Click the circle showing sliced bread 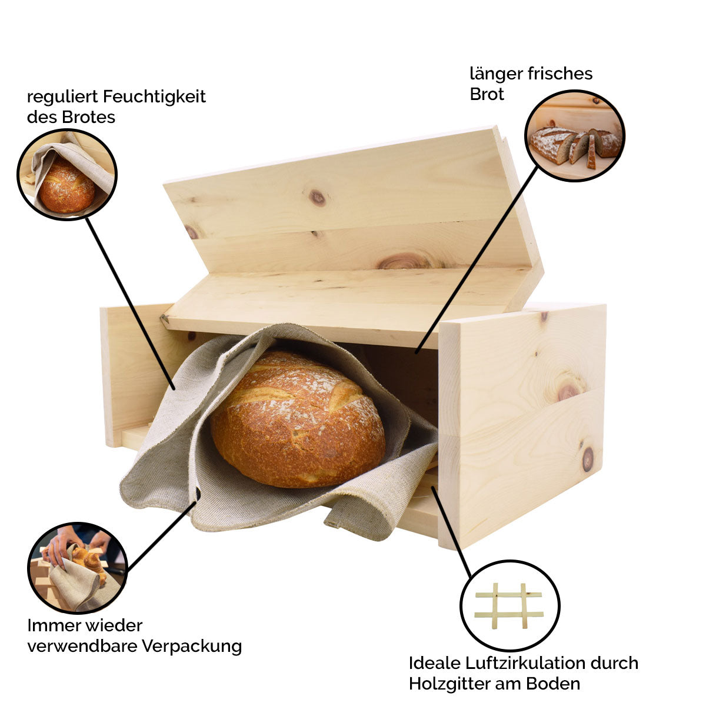tap(574, 136)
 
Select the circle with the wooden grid tap(509, 606)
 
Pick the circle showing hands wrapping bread tap(77, 568)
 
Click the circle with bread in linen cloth tap(67, 175)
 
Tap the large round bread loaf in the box tap(298, 419)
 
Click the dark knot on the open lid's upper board tap(318, 198)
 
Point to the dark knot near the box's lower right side tap(587, 459)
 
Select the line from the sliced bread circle tap(477, 259)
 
